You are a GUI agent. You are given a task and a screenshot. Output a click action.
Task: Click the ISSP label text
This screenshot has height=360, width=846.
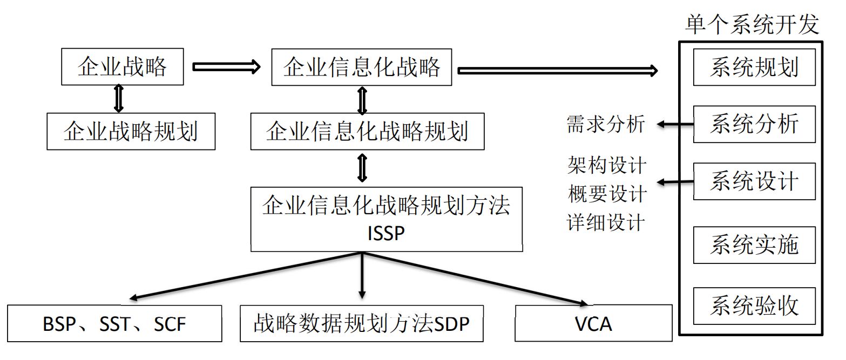[x=386, y=233]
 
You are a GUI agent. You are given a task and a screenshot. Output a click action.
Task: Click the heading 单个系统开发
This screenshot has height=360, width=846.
[x=752, y=24]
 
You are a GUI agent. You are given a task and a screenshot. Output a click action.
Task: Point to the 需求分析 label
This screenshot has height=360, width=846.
[x=606, y=124]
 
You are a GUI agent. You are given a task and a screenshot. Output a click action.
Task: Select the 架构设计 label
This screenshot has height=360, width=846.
[x=607, y=165]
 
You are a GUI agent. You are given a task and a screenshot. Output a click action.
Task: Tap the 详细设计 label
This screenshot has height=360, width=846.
[x=606, y=222]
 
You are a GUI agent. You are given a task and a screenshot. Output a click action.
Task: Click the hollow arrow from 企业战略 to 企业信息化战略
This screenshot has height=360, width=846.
[x=226, y=67]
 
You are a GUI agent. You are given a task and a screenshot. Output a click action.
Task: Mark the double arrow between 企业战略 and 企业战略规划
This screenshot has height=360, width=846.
[x=119, y=99]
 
